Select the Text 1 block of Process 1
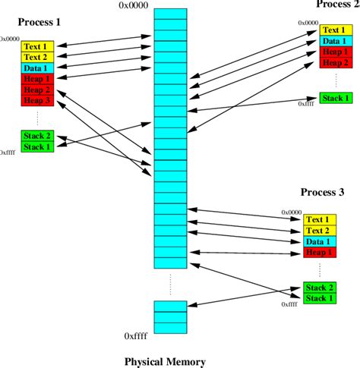pos(34,46)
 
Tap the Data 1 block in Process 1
pos(34,68)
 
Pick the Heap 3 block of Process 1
pos(34,100)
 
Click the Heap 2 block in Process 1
pos(34,90)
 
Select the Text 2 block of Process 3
pos(317,230)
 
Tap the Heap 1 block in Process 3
pos(317,251)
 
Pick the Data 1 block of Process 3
pos(317,241)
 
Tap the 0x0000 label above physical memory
pos(133,6)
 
